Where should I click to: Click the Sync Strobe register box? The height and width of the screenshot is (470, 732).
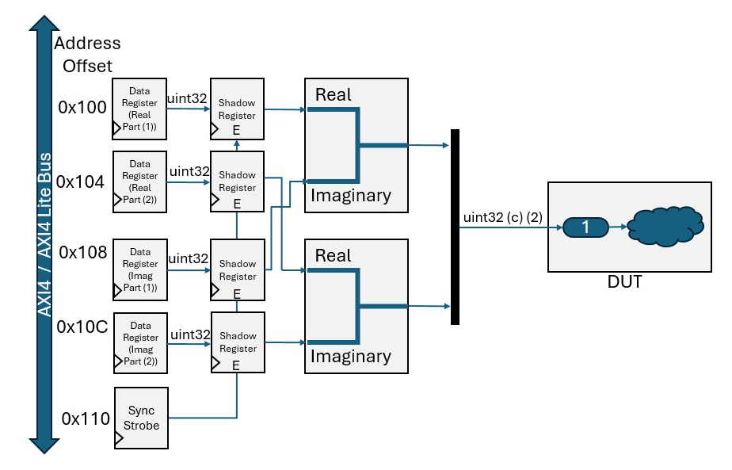click(143, 418)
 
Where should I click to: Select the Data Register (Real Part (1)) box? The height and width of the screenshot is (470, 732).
click(140, 109)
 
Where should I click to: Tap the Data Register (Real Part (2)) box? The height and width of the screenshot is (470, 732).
click(140, 182)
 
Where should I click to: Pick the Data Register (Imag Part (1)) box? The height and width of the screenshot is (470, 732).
click(140, 270)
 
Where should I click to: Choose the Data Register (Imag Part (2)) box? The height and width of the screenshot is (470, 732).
click(140, 343)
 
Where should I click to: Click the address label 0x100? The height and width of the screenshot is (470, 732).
click(82, 108)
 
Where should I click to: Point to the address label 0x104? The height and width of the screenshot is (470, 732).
click(82, 182)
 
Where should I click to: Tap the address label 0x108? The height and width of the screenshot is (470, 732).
click(82, 253)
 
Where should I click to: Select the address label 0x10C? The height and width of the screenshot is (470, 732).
click(82, 327)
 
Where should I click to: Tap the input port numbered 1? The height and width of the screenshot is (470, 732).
click(585, 227)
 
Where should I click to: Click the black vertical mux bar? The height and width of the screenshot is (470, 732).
click(455, 227)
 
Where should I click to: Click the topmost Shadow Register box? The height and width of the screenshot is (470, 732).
click(237, 109)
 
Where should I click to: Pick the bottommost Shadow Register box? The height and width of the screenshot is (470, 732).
click(237, 343)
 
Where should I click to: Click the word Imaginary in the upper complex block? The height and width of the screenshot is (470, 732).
click(350, 195)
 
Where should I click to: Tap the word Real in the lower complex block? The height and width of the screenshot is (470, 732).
click(333, 256)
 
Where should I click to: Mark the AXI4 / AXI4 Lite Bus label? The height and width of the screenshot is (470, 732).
click(45, 235)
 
